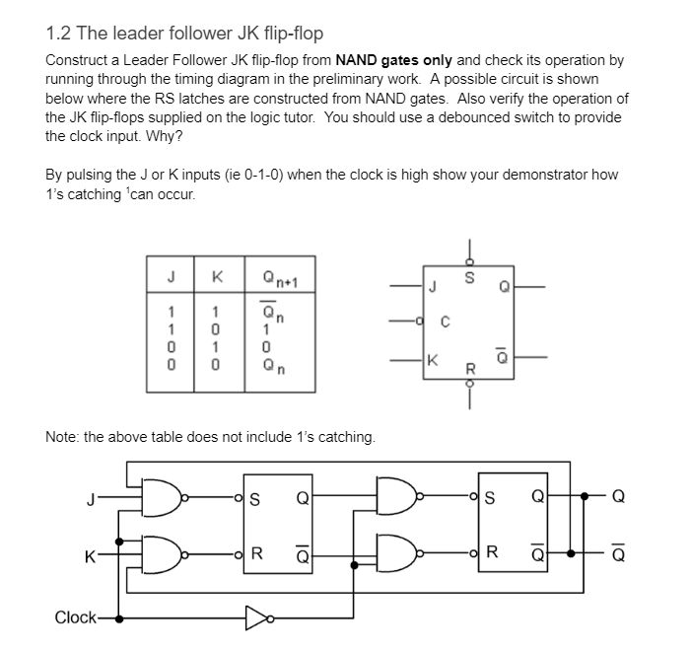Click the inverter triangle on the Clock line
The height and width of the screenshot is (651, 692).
(x=256, y=618)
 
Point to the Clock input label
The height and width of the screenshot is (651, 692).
(x=75, y=618)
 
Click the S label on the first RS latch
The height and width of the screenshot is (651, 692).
(x=253, y=497)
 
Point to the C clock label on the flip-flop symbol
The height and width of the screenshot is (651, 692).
(x=444, y=321)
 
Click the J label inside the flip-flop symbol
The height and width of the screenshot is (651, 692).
(x=431, y=289)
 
